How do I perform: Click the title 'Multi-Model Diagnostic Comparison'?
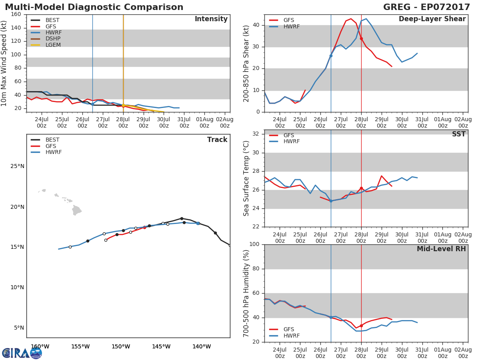tap(94, 7)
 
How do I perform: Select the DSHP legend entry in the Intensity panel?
tap(53, 39)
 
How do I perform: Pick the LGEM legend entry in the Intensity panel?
tap(53, 45)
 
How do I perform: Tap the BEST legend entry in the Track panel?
tap(52, 140)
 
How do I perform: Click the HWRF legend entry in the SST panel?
tap(291, 142)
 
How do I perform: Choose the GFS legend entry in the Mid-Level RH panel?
tap(289, 330)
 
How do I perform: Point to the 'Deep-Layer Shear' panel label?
tap(432, 19)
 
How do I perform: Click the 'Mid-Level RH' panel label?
tap(441, 249)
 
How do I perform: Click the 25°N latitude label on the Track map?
tap(17, 166)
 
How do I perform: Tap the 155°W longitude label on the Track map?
tap(80, 346)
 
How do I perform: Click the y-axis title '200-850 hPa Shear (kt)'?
tap(246, 63)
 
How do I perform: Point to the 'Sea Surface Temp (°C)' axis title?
tap(246, 178)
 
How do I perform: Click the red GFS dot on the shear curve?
tap(361, 39)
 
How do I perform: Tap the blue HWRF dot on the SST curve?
tap(331, 201)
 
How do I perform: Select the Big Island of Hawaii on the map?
tap(76, 210)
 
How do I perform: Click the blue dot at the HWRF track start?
tap(198, 223)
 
